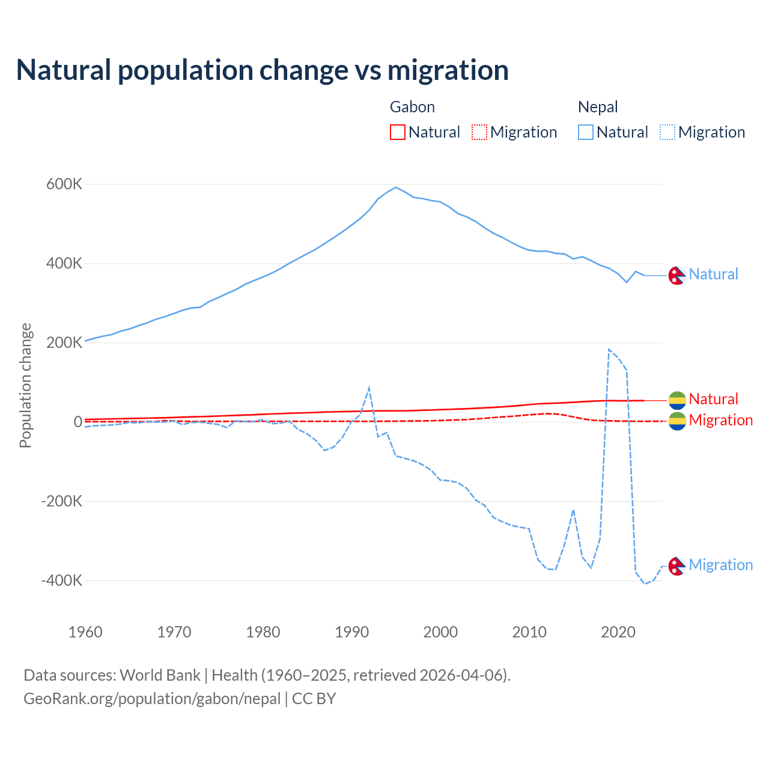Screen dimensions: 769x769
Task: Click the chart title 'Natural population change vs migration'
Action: (x=262, y=70)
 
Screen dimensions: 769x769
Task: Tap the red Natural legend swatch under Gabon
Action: (x=397, y=132)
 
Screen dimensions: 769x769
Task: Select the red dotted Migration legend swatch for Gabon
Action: (x=479, y=132)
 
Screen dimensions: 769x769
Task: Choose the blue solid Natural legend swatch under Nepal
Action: (x=585, y=132)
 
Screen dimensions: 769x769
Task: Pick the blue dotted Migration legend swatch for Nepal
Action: (x=667, y=132)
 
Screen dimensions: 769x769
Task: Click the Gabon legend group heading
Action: (x=412, y=107)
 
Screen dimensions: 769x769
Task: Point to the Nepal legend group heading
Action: (x=598, y=107)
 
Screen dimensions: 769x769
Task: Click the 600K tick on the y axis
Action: (x=64, y=184)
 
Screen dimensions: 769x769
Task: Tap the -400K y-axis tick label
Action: (x=61, y=580)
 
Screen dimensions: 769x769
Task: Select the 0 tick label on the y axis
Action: (x=78, y=422)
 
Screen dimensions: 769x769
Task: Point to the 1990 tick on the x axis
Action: (x=352, y=632)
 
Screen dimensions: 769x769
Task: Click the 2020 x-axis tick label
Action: (x=618, y=632)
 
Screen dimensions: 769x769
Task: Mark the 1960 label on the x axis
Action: (x=86, y=632)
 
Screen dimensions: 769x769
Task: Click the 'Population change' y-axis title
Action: (x=25, y=386)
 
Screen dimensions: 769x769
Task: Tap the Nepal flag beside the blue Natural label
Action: (x=677, y=275)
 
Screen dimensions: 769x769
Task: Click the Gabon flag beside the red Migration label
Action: (x=677, y=421)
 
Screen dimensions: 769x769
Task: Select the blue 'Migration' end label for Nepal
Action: (x=720, y=565)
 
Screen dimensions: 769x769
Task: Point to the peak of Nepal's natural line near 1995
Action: (x=395, y=187)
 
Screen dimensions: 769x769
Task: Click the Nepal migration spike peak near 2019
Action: (x=609, y=349)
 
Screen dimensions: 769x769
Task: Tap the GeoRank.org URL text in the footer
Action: (x=152, y=699)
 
